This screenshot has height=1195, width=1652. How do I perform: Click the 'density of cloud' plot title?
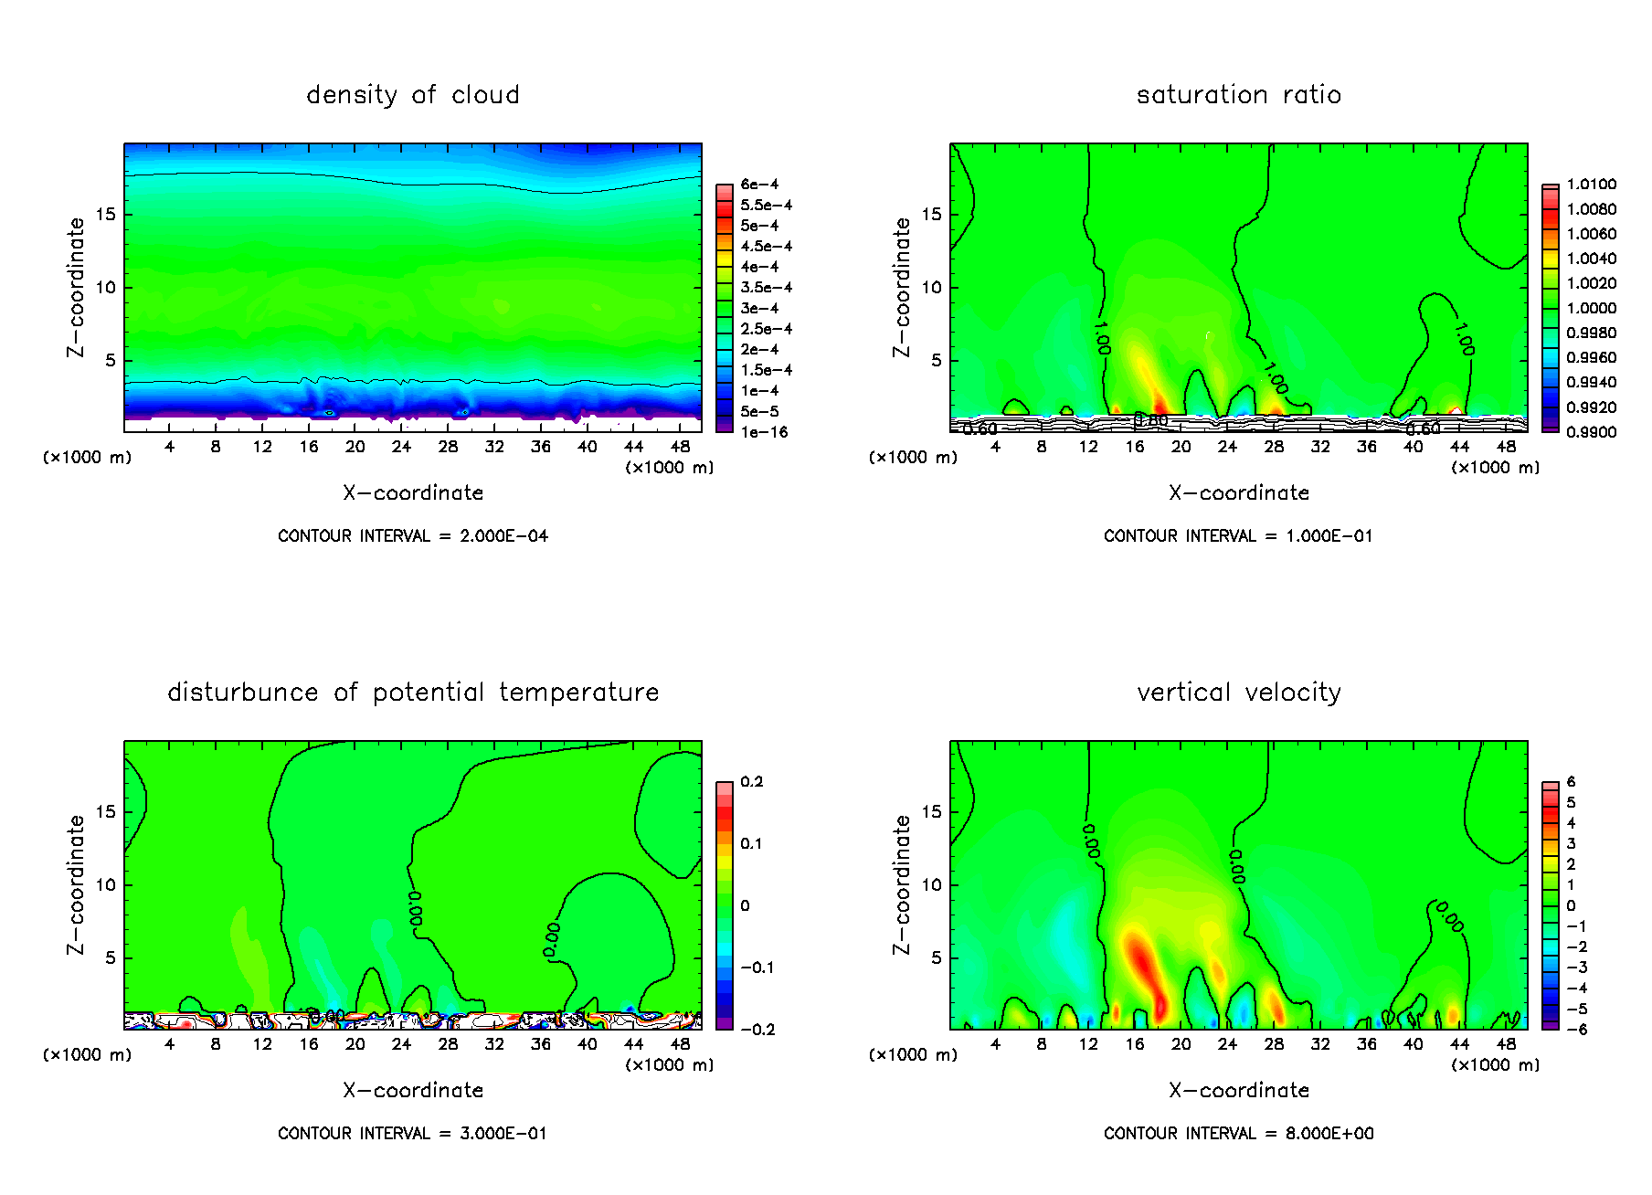point(413,95)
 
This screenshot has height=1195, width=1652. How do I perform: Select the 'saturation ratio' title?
point(1238,95)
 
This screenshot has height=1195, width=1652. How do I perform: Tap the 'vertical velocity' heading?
point(1238,693)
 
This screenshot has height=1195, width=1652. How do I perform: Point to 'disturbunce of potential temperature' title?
point(413,693)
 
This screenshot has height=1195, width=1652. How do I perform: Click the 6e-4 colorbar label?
point(759,185)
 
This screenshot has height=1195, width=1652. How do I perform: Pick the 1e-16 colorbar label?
point(764,432)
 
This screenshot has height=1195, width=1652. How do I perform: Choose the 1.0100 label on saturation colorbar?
point(1591,185)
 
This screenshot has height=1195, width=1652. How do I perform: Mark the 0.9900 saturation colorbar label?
point(1591,432)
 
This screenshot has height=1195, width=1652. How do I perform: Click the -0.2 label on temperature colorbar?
point(757,1030)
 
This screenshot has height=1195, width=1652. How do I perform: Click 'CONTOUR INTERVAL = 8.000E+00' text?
point(1238,1134)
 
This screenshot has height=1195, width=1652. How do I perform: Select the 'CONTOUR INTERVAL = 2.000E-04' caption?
point(413,536)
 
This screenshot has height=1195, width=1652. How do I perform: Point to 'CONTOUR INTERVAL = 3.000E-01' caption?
point(413,1134)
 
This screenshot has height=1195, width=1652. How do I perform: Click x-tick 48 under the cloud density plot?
point(680,447)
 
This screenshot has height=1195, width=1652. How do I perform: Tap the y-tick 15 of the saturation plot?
point(931,215)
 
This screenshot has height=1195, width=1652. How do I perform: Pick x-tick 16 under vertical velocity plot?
point(1134,1044)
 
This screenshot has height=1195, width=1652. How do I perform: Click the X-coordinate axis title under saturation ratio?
point(1238,493)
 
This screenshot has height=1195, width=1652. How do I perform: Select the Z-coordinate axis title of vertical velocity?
point(902,884)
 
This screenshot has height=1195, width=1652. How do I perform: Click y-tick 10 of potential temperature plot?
point(106,884)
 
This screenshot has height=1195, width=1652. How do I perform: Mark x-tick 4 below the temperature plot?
point(169,1044)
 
